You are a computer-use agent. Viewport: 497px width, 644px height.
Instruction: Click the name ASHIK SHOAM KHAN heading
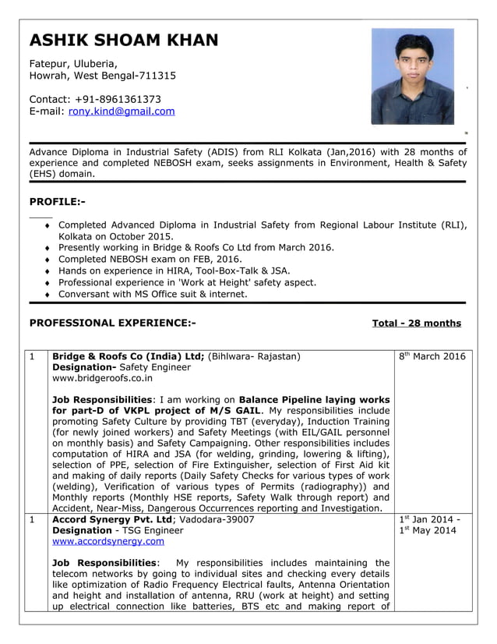tap(123, 41)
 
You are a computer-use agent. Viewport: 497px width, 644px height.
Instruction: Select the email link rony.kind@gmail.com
tap(122, 111)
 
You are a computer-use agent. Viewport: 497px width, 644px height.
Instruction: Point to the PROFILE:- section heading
tap(57, 202)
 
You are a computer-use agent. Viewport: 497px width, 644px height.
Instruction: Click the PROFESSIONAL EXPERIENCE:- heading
tap(112, 323)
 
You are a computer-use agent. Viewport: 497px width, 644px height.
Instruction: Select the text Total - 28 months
tap(416, 323)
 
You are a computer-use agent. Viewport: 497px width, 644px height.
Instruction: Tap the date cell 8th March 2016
tap(432, 357)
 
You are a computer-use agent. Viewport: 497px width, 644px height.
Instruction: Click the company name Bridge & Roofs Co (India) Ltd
tap(128, 356)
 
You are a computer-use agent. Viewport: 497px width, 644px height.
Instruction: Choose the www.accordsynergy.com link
tap(97, 540)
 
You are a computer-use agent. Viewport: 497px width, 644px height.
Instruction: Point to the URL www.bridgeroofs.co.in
tap(102, 378)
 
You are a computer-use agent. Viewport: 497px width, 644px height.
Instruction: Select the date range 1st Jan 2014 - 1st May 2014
tap(430, 524)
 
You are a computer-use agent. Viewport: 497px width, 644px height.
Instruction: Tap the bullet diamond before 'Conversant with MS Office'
tap(49, 295)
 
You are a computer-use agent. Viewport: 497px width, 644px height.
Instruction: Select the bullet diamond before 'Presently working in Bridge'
tap(49, 248)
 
